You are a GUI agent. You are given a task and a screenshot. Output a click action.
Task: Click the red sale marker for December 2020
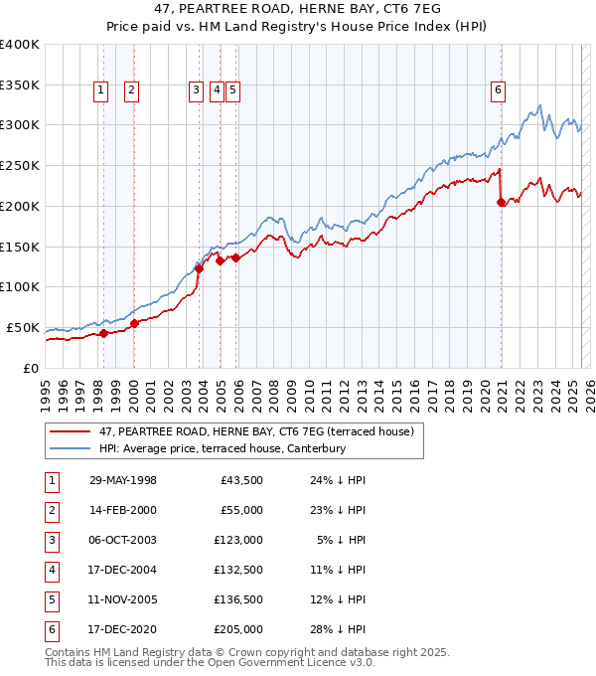click(x=502, y=202)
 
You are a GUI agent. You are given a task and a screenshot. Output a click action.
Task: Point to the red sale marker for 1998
click(x=103, y=333)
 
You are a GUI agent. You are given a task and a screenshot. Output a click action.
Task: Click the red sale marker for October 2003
click(x=199, y=267)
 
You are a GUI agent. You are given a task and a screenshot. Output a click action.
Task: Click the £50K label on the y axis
click(x=24, y=327)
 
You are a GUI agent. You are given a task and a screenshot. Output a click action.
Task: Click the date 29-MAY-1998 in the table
click(x=123, y=481)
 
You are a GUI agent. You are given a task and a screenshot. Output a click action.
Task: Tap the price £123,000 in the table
click(x=238, y=540)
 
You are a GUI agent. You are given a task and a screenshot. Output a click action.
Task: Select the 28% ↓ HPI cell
click(x=340, y=629)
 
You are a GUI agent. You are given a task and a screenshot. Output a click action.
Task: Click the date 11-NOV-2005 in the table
click(x=123, y=599)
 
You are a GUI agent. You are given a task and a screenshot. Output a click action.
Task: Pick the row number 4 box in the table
click(x=52, y=570)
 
